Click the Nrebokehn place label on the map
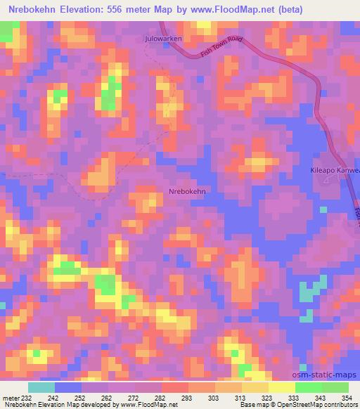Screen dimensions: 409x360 [x=187, y=190]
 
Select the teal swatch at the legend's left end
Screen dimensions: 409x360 [x=41, y=388]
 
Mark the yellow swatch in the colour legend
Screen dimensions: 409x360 [x=281, y=388]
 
